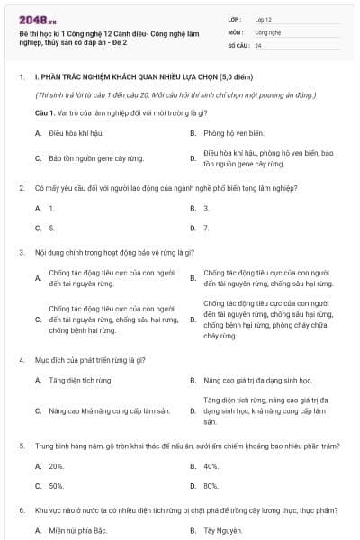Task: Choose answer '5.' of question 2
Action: (51, 228)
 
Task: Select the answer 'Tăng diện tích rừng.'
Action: (81, 380)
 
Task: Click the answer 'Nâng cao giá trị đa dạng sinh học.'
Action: (256, 380)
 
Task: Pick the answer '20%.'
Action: (56, 466)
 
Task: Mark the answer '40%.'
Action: (211, 466)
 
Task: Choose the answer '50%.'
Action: (56, 486)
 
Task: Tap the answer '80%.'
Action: (211, 486)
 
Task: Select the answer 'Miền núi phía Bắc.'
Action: (77, 530)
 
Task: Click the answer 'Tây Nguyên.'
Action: (224, 530)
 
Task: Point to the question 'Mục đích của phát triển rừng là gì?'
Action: (90, 360)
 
